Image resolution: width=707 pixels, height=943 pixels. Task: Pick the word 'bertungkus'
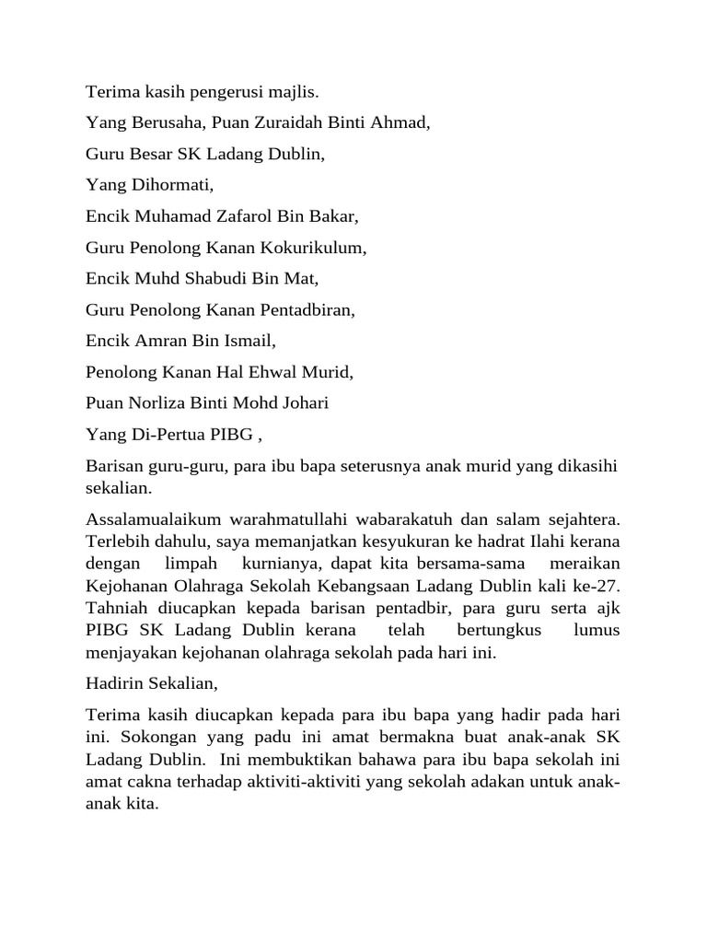(498, 631)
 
